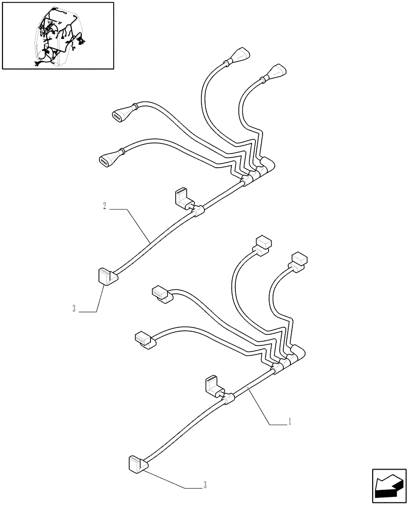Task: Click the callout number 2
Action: (104, 207)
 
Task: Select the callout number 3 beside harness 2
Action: (74, 309)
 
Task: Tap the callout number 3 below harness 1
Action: (204, 486)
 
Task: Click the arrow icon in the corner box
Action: (389, 485)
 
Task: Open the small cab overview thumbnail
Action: (58, 35)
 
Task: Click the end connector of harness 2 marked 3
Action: (106, 276)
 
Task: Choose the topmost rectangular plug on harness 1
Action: (263, 243)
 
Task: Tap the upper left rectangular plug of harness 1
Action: (160, 294)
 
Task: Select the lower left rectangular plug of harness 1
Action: (144, 339)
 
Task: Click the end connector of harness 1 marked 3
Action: (136, 464)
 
